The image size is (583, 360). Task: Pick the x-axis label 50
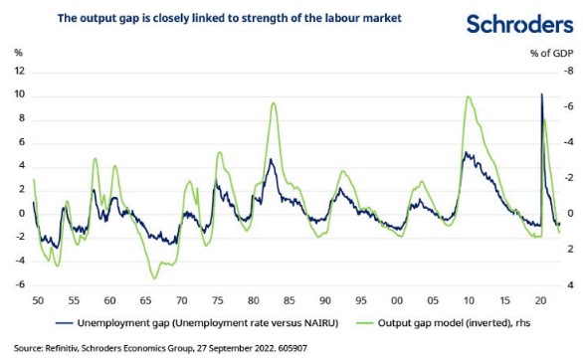click(x=37, y=299)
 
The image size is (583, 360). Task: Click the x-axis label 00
click(x=398, y=299)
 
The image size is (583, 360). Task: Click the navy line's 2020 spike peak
click(x=540, y=93)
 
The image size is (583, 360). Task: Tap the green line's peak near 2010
click(x=468, y=96)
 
